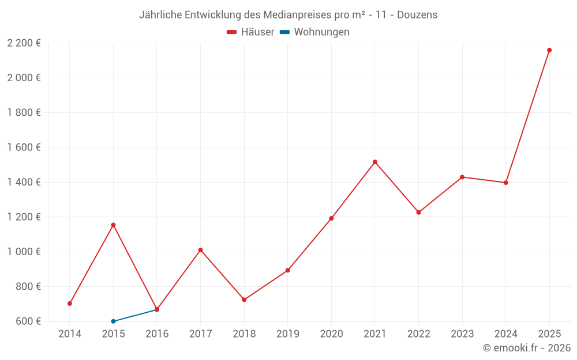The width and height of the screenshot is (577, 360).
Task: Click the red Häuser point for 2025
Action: click(549, 50)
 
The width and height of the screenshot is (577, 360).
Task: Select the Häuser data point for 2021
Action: click(375, 162)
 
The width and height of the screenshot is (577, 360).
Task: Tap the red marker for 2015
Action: click(113, 225)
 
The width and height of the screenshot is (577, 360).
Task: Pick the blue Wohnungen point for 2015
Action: click(113, 321)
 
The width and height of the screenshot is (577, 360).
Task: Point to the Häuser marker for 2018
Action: click(244, 300)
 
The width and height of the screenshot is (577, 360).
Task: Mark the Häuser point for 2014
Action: click(70, 304)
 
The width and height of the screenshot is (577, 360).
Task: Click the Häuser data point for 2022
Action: click(418, 213)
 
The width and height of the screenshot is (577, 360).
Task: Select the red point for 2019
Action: click(288, 270)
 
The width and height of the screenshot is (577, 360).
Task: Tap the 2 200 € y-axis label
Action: click(24, 43)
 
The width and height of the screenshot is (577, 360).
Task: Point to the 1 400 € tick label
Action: click(24, 182)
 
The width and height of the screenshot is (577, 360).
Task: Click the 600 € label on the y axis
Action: click(28, 321)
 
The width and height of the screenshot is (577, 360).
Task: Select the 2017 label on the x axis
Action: click(200, 334)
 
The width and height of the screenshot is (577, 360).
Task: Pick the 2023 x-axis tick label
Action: click(462, 334)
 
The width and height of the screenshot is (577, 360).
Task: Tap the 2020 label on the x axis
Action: click(331, 334)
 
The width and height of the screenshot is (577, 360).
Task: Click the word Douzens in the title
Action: click(417, 14)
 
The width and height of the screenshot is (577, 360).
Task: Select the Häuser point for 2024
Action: click(505, 183)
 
